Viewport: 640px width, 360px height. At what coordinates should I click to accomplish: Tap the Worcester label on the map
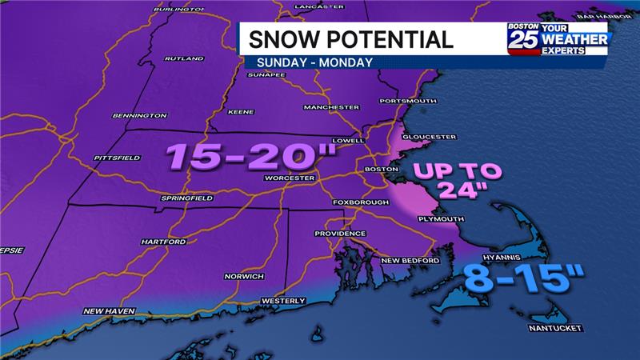(x=286, y=178)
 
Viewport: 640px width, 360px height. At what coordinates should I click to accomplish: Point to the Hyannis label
(x=502, y=258)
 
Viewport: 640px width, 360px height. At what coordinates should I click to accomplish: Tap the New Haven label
(x=106, y=310)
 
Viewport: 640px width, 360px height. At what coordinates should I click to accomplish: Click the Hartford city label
(x=162, y=241)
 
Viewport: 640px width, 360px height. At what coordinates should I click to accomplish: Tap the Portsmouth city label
(x=408, y=101)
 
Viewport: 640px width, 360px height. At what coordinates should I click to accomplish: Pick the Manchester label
(x=331, y=107)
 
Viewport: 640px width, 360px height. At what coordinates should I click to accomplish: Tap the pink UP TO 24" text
(x=458, y=180)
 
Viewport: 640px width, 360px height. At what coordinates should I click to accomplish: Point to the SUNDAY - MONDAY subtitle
(x=314, y=62)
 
